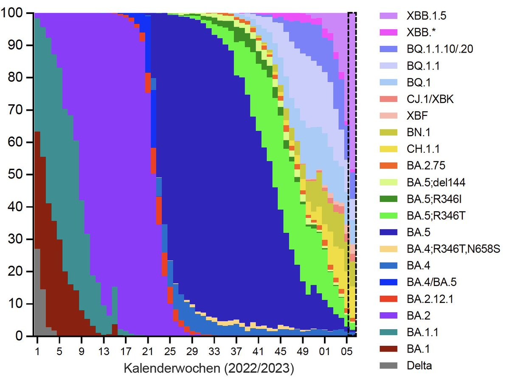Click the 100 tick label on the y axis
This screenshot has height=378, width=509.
[x=15, y=14]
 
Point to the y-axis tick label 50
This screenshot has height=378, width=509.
[x=18, y=175]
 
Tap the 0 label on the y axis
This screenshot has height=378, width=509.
[x=22, y=336]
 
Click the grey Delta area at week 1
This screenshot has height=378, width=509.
[x=37, y=297]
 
